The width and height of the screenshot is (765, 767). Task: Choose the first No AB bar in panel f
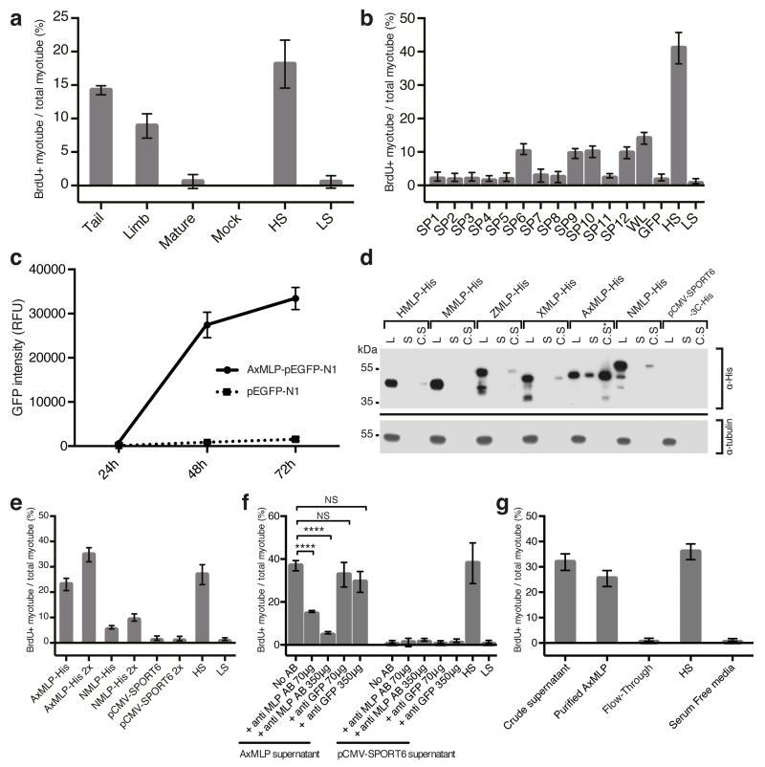[296, 603]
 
